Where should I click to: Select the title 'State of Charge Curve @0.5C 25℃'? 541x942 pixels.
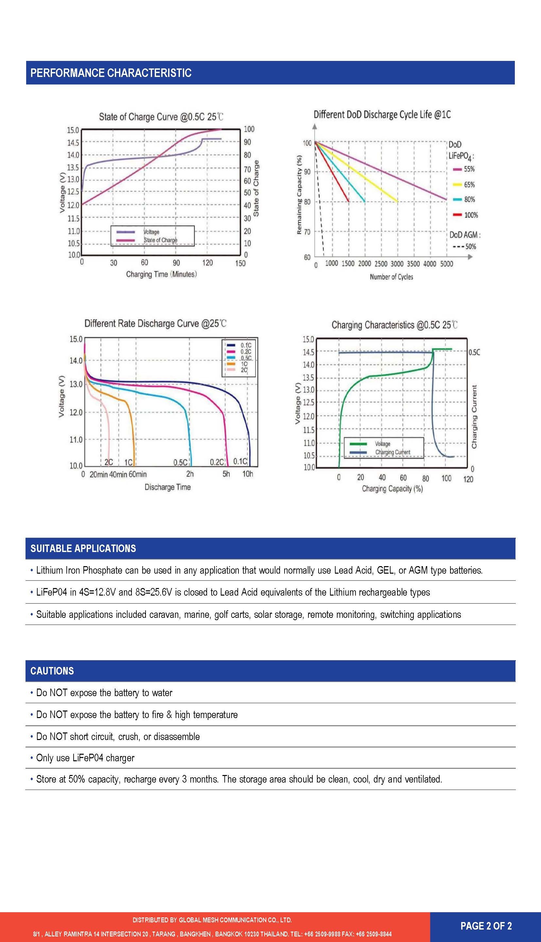click(161, 117)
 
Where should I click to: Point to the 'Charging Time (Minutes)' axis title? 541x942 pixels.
click(161, 274)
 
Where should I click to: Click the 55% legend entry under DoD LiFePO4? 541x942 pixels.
click(464, 169)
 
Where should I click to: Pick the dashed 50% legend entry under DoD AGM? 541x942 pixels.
click(464, 247)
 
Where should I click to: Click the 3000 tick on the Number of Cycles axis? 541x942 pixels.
click(397, 264)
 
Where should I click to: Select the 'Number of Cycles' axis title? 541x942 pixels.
click(391, 277)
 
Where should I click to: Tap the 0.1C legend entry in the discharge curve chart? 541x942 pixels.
click(239, 345)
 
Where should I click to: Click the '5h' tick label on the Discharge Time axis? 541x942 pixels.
click(226, 474)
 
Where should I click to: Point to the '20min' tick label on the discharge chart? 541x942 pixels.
click(98, 474)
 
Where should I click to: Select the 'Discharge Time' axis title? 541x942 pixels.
click(167, 487)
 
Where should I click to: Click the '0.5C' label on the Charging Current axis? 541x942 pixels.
click(474, 352)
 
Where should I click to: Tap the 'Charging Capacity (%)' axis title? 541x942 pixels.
click(393, 488)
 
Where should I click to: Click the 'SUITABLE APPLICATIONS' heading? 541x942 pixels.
click(83, 548)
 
